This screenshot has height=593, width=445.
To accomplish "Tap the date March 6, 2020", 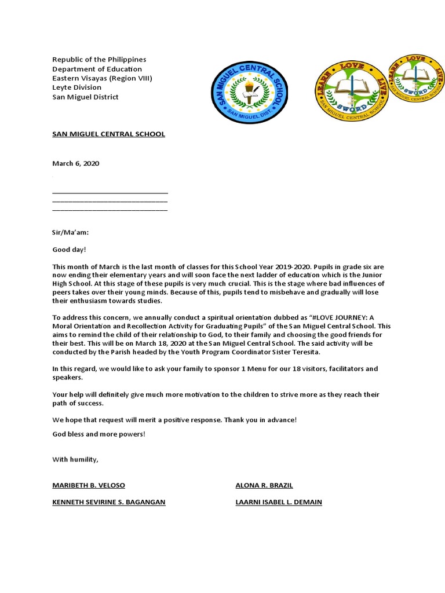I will click(76, 164).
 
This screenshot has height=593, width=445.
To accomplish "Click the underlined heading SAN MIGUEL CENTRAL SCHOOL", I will click(108, 134).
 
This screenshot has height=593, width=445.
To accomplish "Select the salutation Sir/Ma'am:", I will click(71, 233).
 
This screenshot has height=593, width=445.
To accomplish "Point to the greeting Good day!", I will click(69, 250).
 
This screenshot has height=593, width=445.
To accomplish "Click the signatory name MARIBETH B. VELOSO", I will click(89, 485).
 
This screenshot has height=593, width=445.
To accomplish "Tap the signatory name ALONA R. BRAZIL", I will click(260, 485).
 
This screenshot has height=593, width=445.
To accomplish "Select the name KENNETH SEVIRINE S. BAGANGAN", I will click(109, 502).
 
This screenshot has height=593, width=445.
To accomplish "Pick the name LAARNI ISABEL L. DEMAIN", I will click(279, 502).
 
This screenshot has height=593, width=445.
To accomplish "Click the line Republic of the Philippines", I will click(99, 60).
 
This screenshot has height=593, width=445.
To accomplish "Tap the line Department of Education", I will click(93, 69).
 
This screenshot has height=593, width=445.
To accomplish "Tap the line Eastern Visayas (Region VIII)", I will click(103, 78).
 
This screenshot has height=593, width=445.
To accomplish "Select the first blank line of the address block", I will click(110, 191).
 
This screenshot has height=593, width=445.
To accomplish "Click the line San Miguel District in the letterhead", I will click(85, 97).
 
